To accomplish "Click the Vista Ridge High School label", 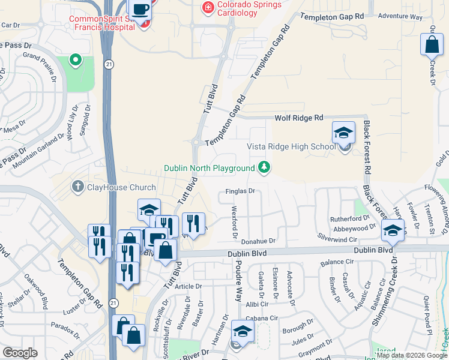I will (x=292, y=147).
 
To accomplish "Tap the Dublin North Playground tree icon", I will (x=264, y=167).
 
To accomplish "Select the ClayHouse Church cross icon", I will (x=77, y=187).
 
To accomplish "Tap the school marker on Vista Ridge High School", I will (x=343, y=133).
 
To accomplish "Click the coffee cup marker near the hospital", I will (x=140, y=10).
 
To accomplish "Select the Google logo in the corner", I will (x=20, y=353).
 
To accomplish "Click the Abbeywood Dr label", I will (x=355, y=229).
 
